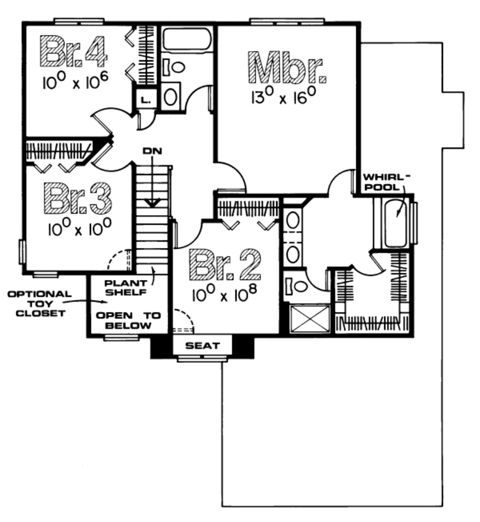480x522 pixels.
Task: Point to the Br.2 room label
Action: coord(225,265)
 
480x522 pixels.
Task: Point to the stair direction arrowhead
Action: coord(152,203)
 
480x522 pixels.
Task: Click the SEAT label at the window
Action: coord(202,346)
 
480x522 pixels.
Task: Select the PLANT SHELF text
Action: coord(125,287)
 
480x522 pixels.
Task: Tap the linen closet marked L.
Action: coord(145,99)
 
